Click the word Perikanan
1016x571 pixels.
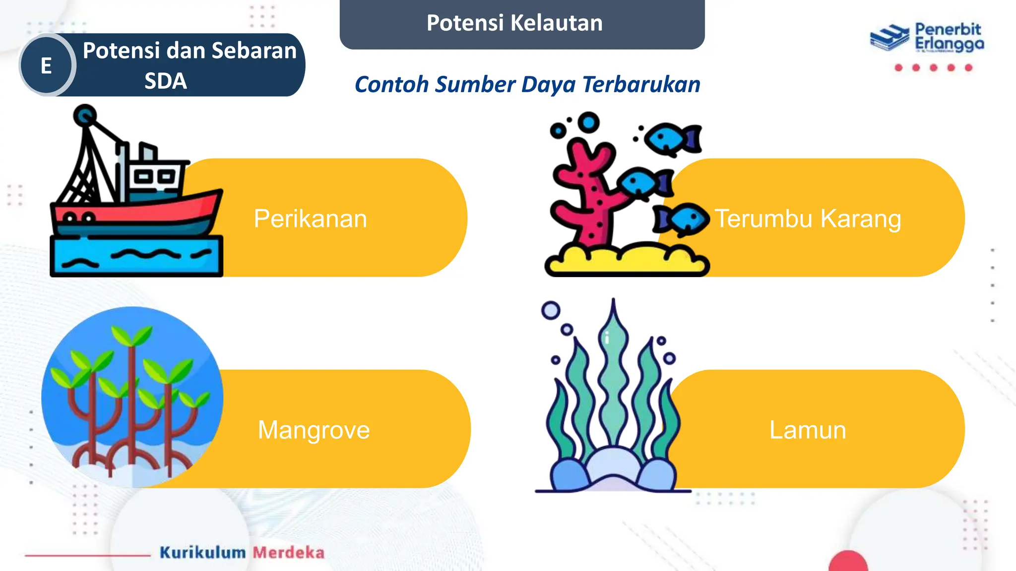[x=310, y=219]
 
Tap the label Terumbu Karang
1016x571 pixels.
[x=808, y=219]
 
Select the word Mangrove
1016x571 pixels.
[x=314, y=430]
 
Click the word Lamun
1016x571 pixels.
[x=808, y=430]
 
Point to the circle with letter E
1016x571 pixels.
[x=47, y=65]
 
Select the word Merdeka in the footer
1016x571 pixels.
[x=289, y=552]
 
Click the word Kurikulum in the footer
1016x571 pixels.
[x=202, y=552]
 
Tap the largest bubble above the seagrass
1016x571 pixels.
[x=551, y=311]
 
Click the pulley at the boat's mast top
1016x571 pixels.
[x=85, y=115]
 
